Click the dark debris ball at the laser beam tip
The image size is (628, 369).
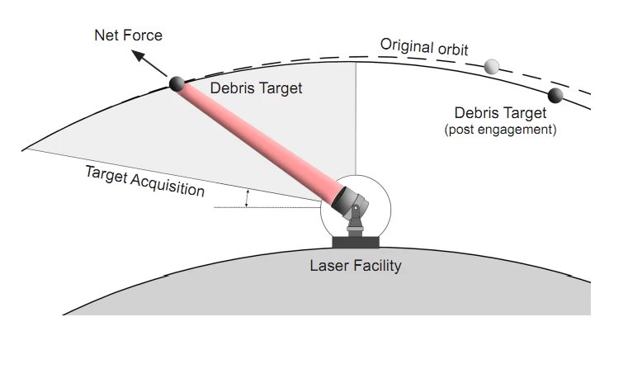point(175,83)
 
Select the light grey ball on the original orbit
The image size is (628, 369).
point(493,66)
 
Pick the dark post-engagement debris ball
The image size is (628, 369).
point(555,95)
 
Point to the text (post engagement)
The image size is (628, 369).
point(500,130)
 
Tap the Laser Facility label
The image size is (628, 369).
point(356,266)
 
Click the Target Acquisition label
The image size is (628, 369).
point(144,180)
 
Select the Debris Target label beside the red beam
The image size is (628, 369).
point(256,88)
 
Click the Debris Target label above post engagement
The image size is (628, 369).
point(500,113)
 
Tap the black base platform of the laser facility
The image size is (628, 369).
point(356,242)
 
